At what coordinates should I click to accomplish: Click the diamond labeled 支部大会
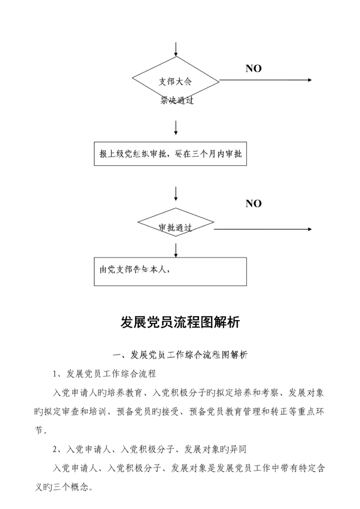(x=175, y=80)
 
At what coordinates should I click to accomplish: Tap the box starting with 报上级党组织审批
(x=170, y=154)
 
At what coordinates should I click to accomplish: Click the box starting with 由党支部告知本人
(x=170, y=271)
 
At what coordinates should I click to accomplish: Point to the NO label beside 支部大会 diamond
(x=253, y=69)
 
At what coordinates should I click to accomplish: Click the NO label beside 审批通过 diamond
(x=253, y=203)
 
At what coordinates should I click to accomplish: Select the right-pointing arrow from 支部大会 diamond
(x=265, y=80)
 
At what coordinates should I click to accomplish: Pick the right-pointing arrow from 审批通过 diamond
(x=262, y=229)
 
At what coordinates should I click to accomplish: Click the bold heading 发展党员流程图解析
(x=180, y=322)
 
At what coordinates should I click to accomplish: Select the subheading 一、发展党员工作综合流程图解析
(x=180, y=355)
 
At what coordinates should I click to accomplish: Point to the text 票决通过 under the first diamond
(x=176, y=100)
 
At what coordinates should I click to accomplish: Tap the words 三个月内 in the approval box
(x=209, y=154)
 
